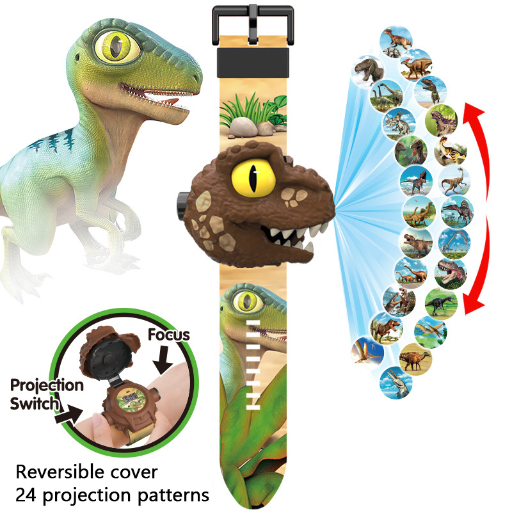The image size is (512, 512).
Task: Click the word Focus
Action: pos(169,335)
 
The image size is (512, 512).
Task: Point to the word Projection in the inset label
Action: pos(47,385)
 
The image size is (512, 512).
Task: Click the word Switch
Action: pos(35,404)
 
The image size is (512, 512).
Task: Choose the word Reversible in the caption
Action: pos(61,473)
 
